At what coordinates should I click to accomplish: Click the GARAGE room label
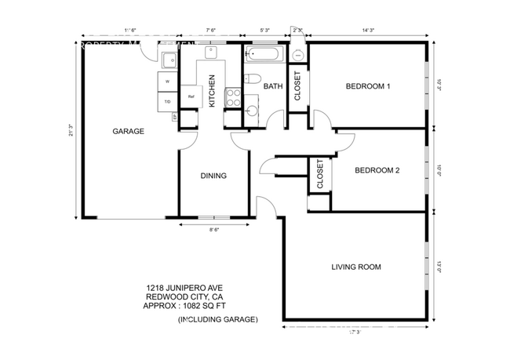(x=128, y=132)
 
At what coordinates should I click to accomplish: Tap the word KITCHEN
(x=212, y=91)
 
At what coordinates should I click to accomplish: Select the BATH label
(x=273, y=86)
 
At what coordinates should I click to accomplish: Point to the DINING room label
(x=213, y=176)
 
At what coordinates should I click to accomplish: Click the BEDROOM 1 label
(x=368, y=86)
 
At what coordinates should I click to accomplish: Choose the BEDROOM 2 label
(x=378, y=170)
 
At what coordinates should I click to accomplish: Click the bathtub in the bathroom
(x=265, y=55)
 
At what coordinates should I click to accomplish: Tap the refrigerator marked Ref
(x=191, y=96)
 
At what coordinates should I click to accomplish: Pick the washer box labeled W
(x=167, y=82)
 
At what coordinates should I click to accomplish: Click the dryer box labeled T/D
(x=167, y=101)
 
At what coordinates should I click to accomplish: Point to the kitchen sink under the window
(x=212, y=53)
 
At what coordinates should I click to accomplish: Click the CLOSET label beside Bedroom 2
(x=320, y=174)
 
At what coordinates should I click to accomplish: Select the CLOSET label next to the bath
(x=297, y=86)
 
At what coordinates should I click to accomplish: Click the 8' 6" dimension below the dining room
(x=213, y=230)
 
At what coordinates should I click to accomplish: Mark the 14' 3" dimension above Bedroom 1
(x=368, y=31)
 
